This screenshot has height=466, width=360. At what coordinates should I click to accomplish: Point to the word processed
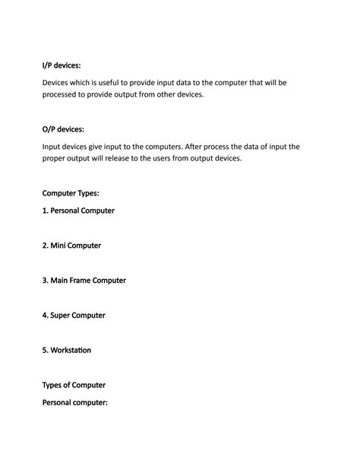[x=63, y=96]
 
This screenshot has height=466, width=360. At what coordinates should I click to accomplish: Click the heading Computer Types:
[x=71, y=193]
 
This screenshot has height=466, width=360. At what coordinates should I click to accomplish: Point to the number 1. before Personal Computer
[x=46, y=211]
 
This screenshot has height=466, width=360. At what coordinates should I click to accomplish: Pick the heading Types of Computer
[x=74, y=385]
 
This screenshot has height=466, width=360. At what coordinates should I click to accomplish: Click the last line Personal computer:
[x=75, y=402]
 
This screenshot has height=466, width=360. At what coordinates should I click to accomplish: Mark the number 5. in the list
[x=46, y=350]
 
